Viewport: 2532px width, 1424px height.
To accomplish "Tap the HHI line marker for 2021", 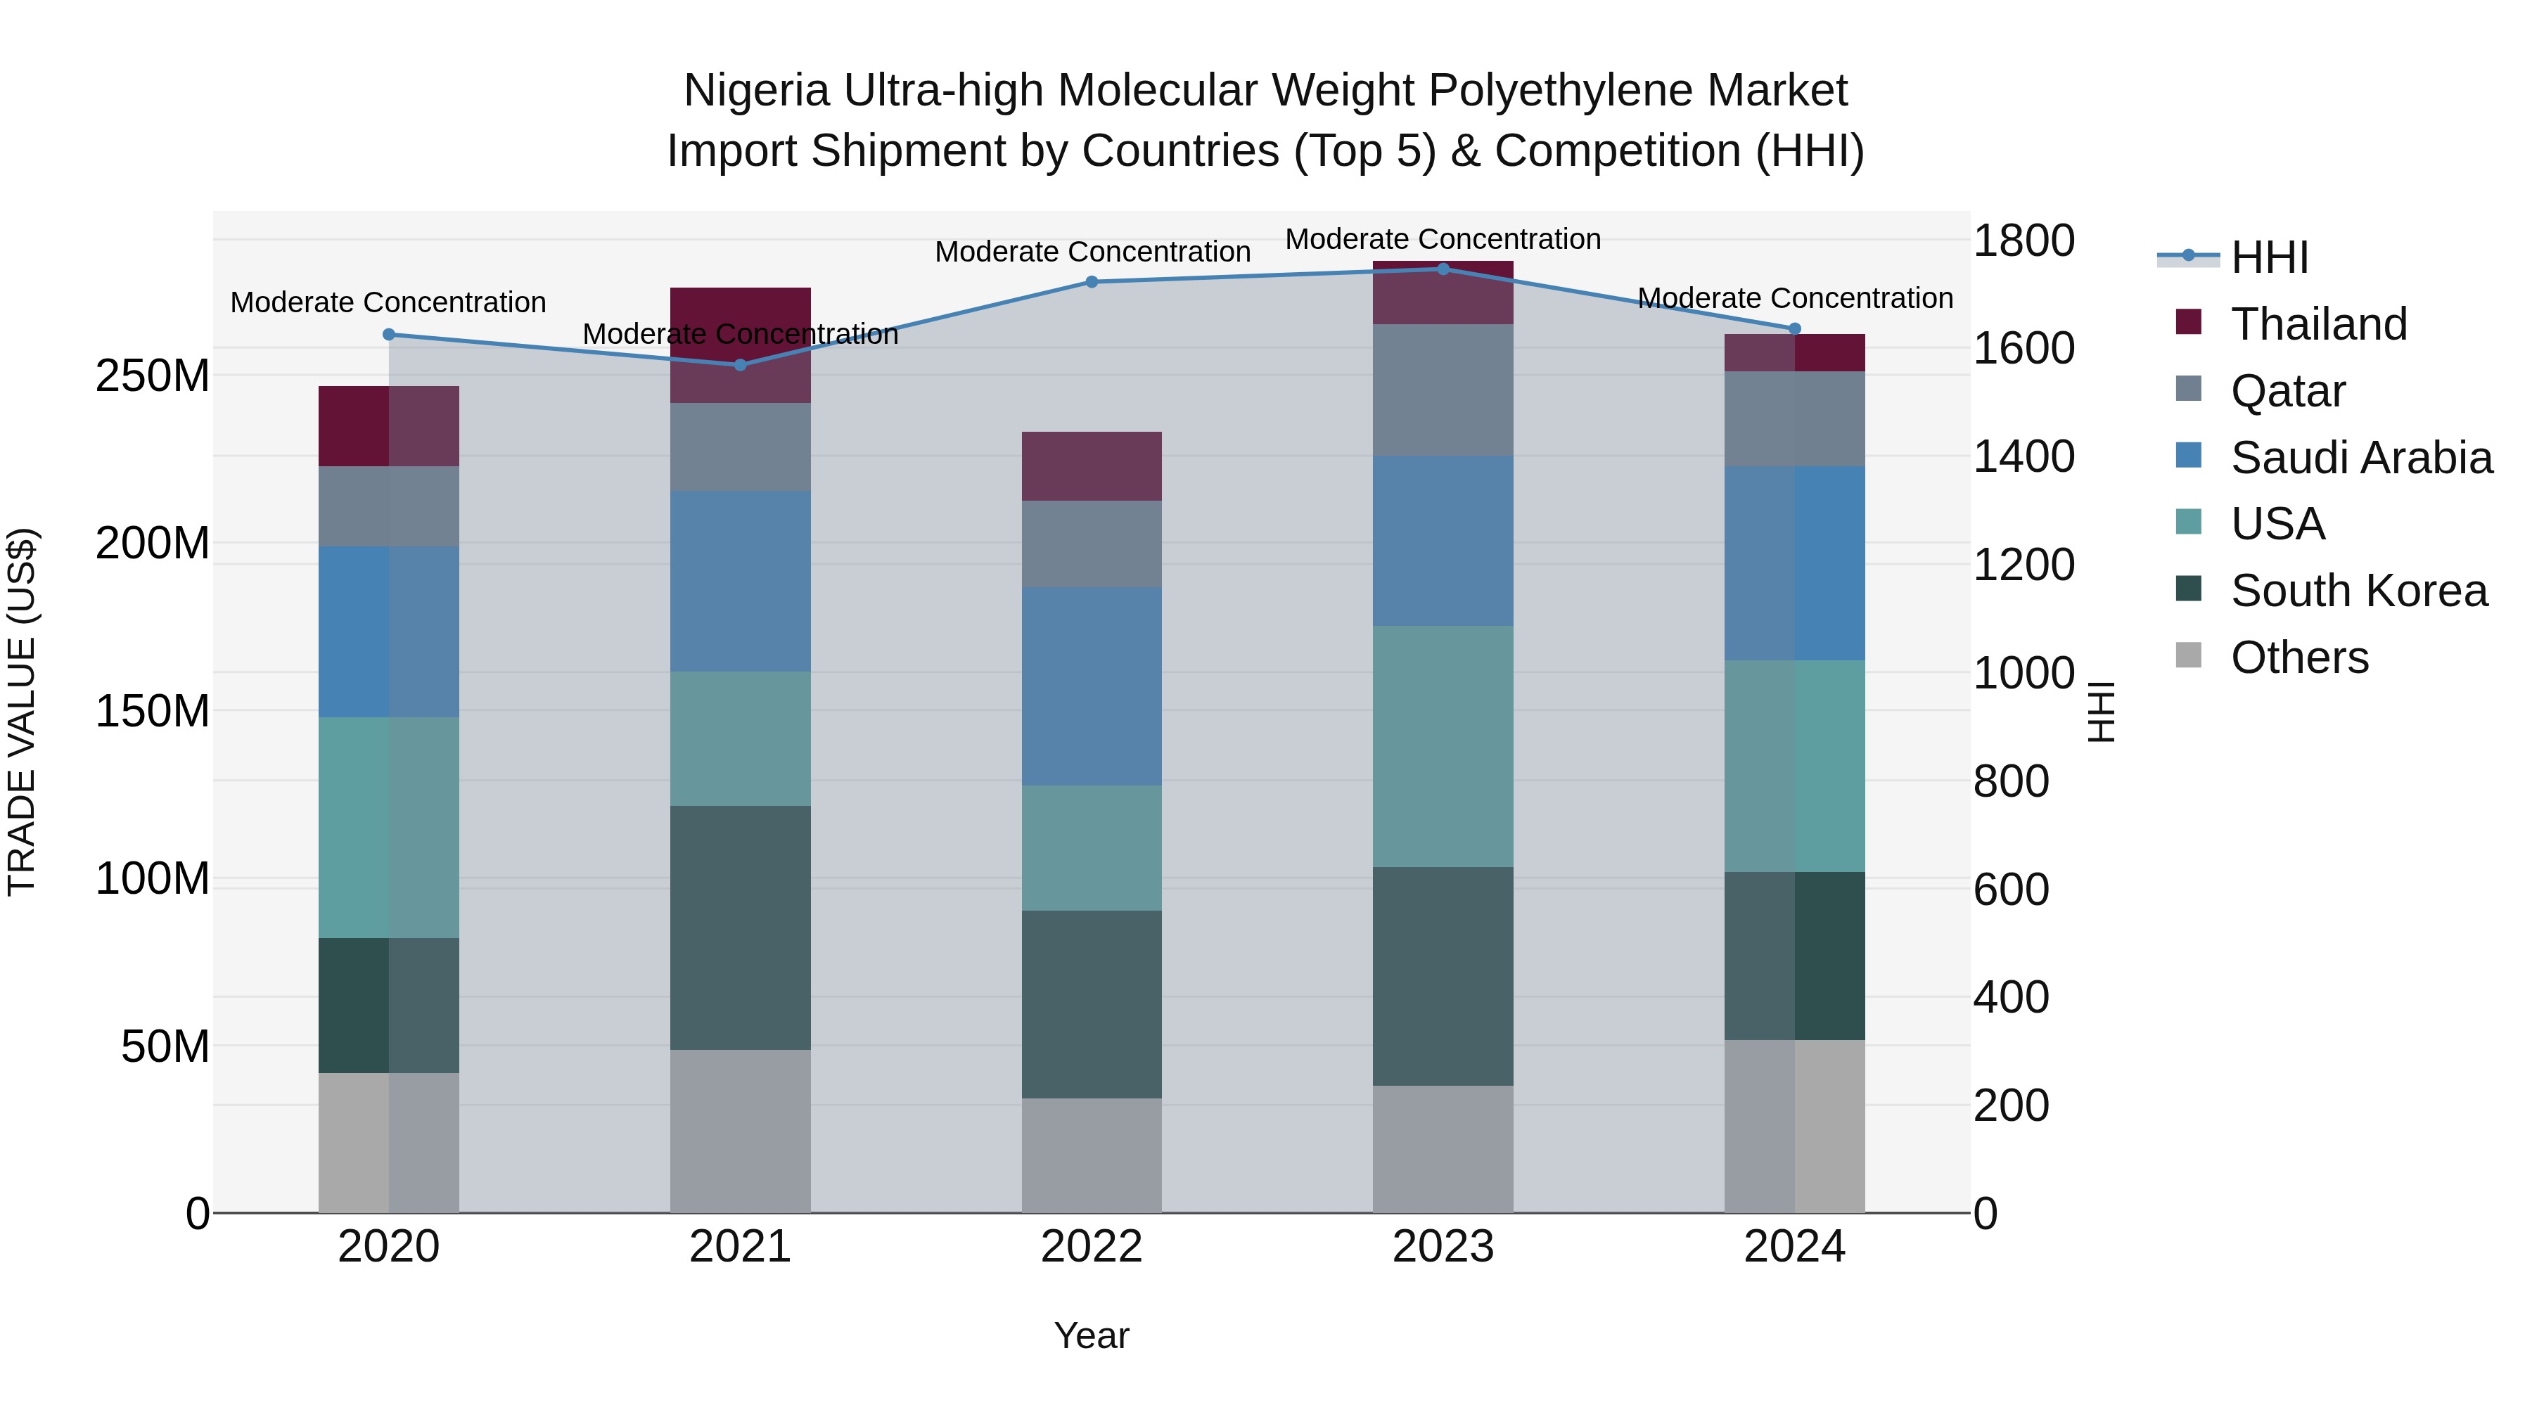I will pyautogui.click(x=740, y=364).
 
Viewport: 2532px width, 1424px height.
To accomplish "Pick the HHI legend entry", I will pyautogui.click(x=2268, y=257).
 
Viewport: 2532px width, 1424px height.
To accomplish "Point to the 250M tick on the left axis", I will pyautogui.click(x=153, y=376).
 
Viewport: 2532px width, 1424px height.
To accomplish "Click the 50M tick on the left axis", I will pyautogui.click(x=165, y=1046).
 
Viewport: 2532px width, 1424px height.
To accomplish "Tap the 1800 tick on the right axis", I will pyautogui.click(x=2023, y=240).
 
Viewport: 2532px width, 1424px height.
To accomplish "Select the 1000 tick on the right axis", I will pyautogui.click(x=2023, y=673).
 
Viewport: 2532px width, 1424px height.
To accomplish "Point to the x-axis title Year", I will pyautogui.click(x=1091, y=1335).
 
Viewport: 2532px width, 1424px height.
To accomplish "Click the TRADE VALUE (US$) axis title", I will pyautogui.click(x=22, y=712).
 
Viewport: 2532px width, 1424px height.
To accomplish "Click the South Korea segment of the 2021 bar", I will pyautogui.click(x=740, y=928).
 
